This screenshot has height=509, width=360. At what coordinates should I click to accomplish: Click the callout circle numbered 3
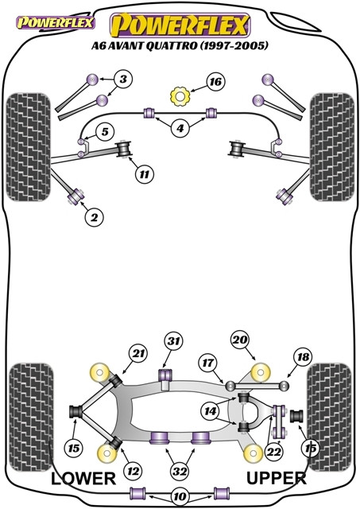pyautogui.click(x=123, y=79)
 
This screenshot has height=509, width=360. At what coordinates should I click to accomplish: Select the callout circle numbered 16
pyautogui.click(x=215, y=81)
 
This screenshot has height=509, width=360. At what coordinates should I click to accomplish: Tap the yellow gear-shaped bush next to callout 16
pyautogui.click(x=180, y=96)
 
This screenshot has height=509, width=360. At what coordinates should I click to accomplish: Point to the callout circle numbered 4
pyautogui.click(x=180, y=129)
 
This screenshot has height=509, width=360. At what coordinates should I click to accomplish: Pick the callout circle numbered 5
pyautogui.click(x=105, y=131)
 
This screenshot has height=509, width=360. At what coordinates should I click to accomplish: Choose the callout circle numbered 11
pyautogui.click(x=145, y=175)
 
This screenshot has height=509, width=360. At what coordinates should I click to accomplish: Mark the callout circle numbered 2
pyautogui.click(x=94, y=217)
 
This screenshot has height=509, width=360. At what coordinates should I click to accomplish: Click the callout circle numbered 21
pyautogui.click(x=138, y=353)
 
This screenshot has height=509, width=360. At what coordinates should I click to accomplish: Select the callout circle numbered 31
pyautogui.click(x=174, y=341)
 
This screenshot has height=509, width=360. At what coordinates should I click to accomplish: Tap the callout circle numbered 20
pyautogui.click(x=240, y=340)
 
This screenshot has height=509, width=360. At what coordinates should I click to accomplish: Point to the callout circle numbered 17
pyautogui.click(x=207, y=363)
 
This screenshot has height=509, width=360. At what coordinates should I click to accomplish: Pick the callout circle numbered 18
pyautogui.click(x=303, y=357)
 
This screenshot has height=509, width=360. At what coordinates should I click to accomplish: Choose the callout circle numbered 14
pyautogui.click(x=210, y=411)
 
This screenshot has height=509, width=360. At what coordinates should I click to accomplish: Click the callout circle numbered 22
pyautogui.click(x=273, y=452)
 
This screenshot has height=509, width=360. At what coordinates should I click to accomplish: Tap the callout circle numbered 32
pyautogui.click(x=180, y=471)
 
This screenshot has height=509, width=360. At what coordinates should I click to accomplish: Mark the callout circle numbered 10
pyautogui.click(x=180, y=496)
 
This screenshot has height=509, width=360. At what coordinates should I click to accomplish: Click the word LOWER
pyautogui.click(x=83, y=479)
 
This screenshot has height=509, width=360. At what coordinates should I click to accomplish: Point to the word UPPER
pyautogui.click(x=277, y=478)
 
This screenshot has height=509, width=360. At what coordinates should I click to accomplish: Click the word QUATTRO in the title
pyautogui.click(x=171, y=45)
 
